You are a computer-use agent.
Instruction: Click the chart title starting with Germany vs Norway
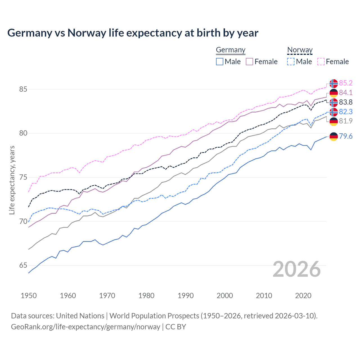point(133,33)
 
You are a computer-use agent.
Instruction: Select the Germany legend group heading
point(231,50)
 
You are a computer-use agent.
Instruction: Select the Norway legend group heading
point(300,50)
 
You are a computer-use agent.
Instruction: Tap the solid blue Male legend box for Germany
point(220,62)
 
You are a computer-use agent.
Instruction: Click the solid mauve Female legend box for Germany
point(249,62)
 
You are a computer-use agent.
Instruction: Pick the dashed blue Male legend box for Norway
point(291,62)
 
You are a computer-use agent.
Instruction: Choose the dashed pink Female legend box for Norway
point(321,62)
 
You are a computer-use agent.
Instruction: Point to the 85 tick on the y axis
point(23,89)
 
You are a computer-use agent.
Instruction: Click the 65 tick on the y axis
point(23,265)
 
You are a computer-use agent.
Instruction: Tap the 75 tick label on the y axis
point(23,177)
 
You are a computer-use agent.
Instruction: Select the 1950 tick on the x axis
point(29,296)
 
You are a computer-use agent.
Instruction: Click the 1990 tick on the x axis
point(186,296)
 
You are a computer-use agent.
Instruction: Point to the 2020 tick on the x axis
point(303,296)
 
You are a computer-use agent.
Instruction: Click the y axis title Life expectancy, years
point(12,180)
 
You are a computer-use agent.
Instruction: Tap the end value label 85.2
point(346,83)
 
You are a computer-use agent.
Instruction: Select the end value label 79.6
point(346,136)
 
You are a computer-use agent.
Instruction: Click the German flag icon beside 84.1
point(334,93)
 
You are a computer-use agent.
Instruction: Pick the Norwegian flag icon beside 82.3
point(334,112)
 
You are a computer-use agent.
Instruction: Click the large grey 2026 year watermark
point(297,269)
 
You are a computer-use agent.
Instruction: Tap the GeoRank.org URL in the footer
point(85,327)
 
